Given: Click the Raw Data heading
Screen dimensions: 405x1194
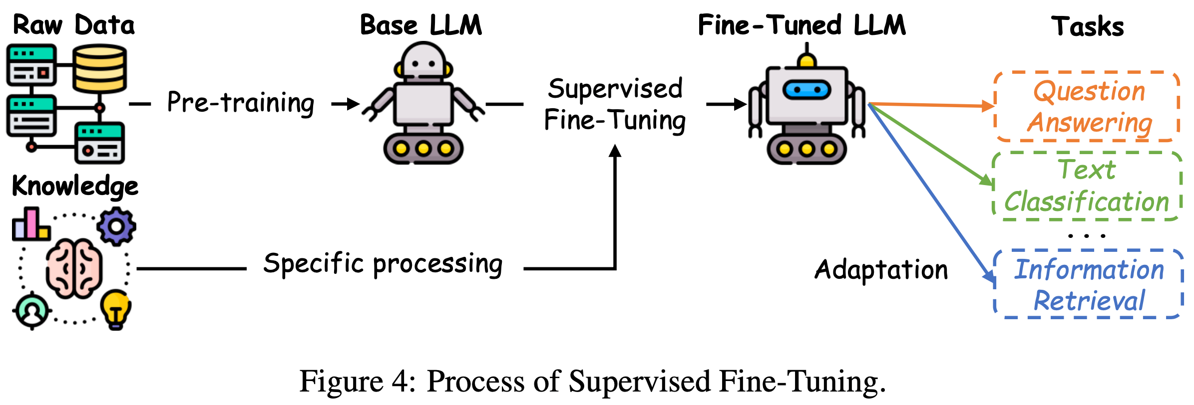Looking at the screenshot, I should point(73,25).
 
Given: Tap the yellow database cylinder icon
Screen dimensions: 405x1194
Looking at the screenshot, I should point(99,68).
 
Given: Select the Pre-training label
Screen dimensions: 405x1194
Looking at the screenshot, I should point(240,103).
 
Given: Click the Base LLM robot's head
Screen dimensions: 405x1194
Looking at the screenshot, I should point(423,61).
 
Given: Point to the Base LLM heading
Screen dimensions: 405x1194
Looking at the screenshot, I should point(421,25).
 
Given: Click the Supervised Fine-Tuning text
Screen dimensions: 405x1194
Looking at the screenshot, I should point(615,104).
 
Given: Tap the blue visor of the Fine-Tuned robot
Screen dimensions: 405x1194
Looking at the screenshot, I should point(806,90).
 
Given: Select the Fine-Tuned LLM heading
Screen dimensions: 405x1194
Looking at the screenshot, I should point(801,25).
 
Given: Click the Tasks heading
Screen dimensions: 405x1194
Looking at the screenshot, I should point(1087,26).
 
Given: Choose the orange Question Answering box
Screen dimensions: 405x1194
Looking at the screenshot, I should point(1088,107).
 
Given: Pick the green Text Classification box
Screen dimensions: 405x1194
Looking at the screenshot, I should point(1087,186).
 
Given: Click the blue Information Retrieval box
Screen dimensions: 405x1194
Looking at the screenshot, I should point(1089,284).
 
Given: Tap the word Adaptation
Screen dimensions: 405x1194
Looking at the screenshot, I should point(881,270).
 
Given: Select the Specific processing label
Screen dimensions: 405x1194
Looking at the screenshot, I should point(383,264).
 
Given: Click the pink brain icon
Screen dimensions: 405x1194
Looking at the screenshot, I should point(74,268).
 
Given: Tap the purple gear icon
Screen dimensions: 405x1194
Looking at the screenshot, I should point(116,227).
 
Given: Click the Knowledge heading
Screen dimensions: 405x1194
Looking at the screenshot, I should point(75,187).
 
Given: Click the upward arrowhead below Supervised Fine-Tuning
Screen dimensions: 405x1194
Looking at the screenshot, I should point(615,151).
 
